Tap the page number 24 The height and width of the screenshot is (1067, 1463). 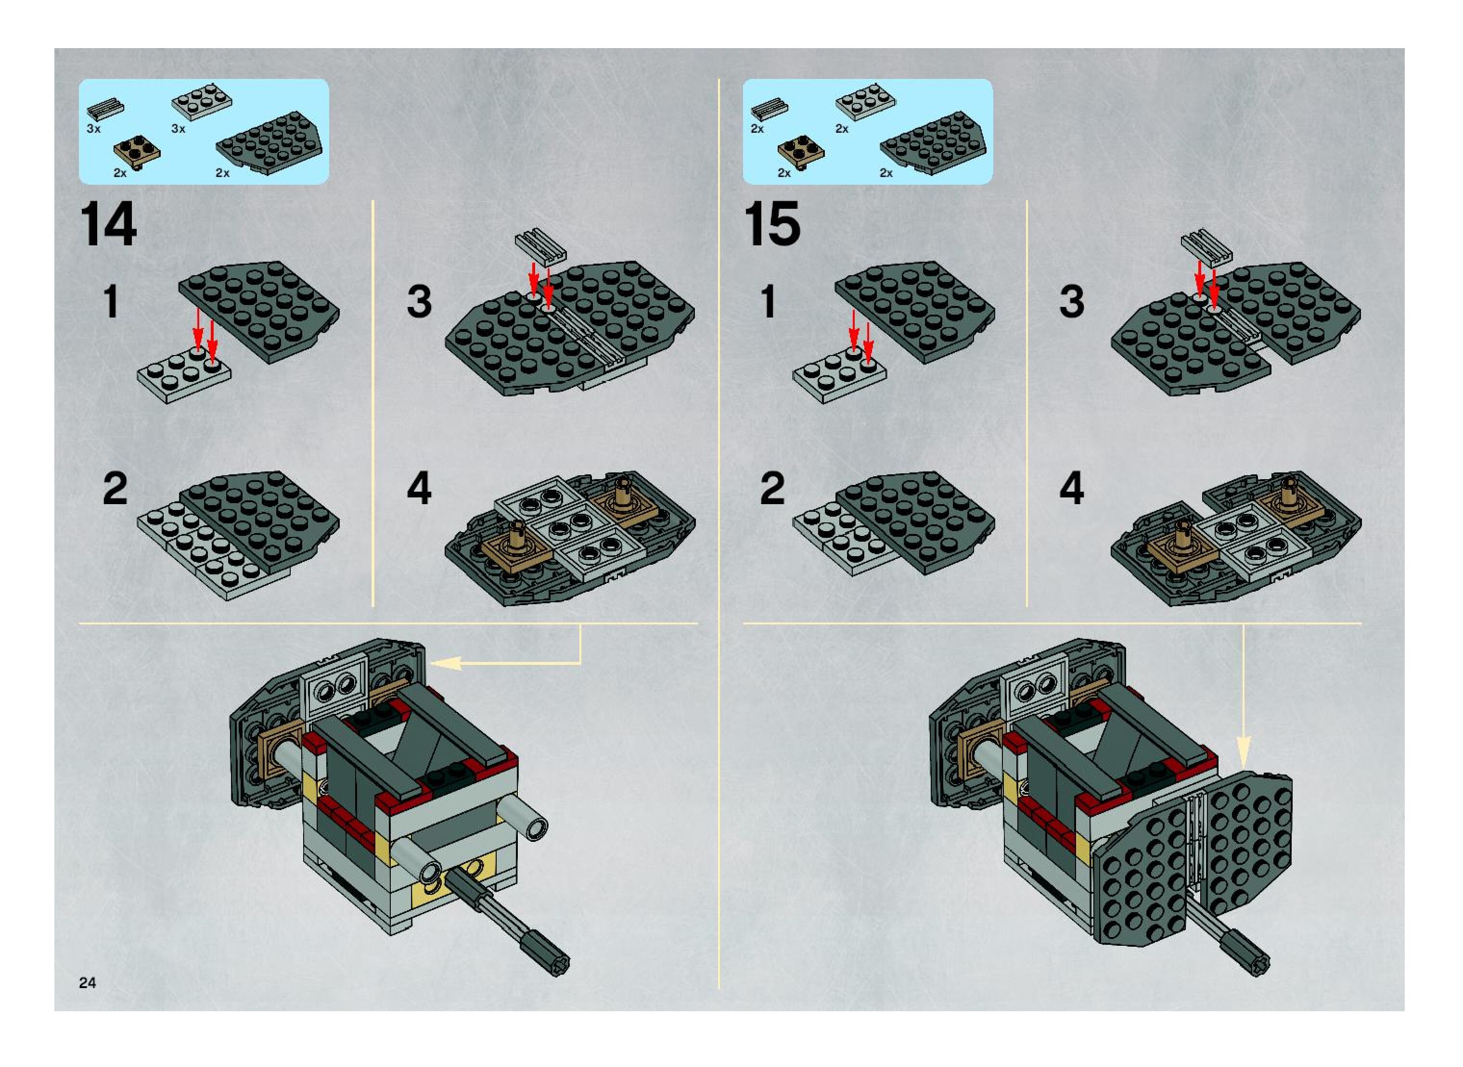point(87,982)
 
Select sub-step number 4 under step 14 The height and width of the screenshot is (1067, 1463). point(419,489)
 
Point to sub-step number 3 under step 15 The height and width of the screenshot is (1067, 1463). point(1071,302)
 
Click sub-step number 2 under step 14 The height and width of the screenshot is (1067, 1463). point(115,489)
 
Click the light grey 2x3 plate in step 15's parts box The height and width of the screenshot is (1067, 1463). point(865,102)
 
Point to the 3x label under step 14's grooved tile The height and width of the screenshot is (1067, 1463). point(94,129)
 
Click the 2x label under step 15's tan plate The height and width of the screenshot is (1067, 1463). point(784,173)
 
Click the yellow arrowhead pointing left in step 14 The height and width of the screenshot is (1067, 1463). point(447,663)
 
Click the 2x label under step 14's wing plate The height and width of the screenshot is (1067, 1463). point(222,173)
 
